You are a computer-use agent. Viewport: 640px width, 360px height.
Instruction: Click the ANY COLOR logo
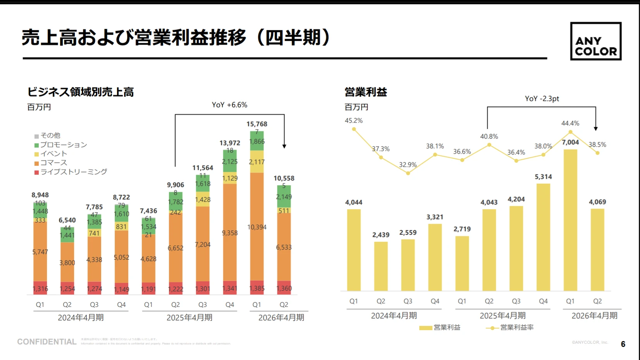coord(595,41)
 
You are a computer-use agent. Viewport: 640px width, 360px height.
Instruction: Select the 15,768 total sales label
coord(257,124)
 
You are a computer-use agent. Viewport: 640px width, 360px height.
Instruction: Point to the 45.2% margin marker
coord(354,129)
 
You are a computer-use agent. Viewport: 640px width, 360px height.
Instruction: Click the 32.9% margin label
coord(408,165)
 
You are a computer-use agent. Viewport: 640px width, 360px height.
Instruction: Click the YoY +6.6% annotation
coord(229,105)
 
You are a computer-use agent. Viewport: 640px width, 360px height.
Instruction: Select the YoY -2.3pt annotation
coord(542,99)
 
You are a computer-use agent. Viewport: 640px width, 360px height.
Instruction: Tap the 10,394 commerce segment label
coord(257,227)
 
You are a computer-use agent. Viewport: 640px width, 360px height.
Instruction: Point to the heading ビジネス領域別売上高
coord(81,92)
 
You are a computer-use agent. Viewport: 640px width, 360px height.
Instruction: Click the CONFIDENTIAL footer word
coord(47,342)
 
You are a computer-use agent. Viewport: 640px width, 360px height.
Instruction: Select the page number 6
coord(623,344)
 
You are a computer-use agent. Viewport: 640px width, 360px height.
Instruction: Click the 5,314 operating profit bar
coord(543,237)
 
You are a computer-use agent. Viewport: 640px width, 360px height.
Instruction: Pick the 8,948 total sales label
coord(40,195)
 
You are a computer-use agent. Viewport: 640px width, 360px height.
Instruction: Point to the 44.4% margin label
coord(570,123)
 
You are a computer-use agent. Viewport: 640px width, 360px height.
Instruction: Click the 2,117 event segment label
coord(257,162)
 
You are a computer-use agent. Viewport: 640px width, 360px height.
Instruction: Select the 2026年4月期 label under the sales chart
coord(281,318)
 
